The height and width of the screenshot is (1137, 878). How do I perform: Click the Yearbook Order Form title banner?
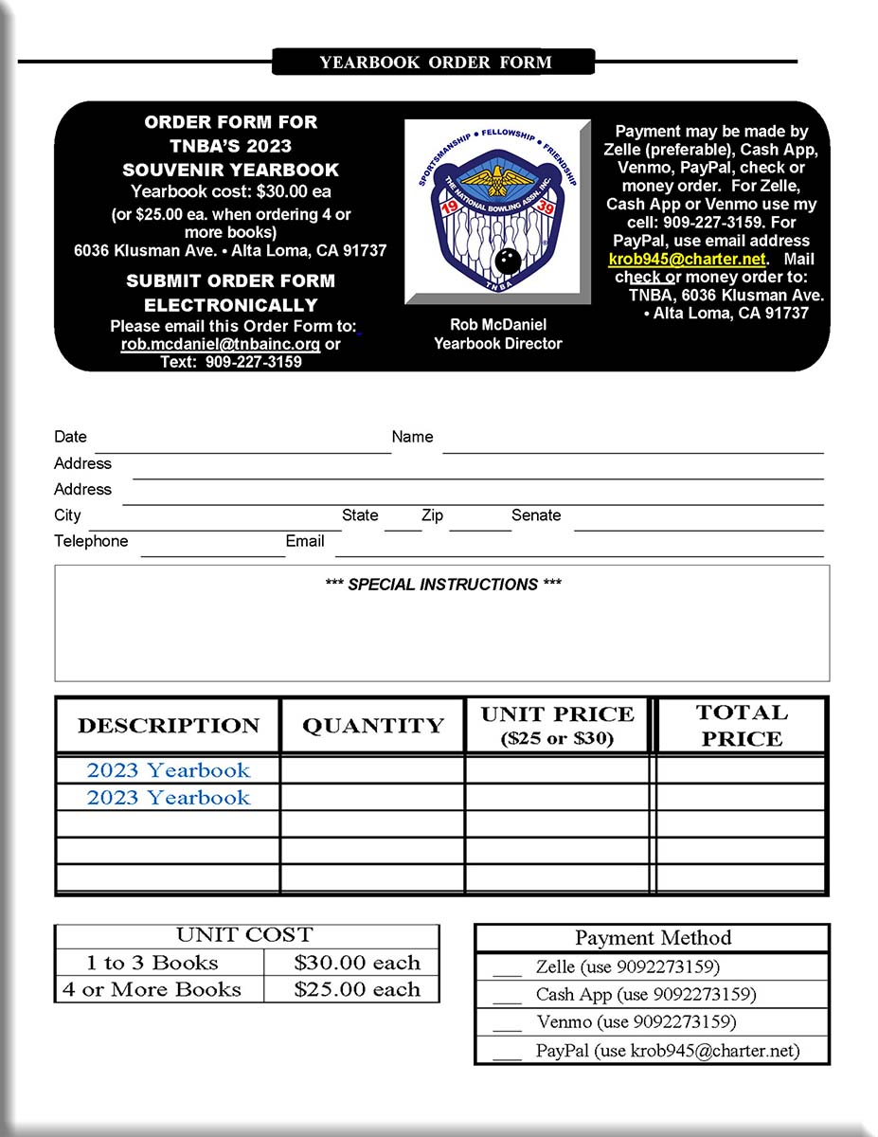point(434,63)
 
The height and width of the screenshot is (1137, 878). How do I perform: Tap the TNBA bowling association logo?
point(497,211)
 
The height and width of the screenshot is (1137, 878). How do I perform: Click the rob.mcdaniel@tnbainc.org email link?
point(220,344)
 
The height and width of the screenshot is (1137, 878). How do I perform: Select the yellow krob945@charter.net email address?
point(687,259)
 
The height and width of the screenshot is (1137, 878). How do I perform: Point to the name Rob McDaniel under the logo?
point(497,325)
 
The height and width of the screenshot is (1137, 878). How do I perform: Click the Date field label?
point(70,437)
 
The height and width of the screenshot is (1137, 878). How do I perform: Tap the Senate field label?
point(536,515)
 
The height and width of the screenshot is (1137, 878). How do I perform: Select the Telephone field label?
point(91,541)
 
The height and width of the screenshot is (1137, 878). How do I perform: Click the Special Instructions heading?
point(442,585)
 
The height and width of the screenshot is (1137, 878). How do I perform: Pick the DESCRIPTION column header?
point(169,726)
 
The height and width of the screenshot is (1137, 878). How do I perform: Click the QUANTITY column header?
point(372,726)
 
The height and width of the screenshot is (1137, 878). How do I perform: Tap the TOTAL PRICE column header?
point(741,726)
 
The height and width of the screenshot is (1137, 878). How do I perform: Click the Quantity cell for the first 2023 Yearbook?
point(372,770)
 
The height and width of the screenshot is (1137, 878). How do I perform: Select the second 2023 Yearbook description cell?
point(169,798)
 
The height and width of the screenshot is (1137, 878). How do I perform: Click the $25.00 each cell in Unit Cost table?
point(356,989)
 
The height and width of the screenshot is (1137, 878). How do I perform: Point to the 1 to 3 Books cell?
point(152,963)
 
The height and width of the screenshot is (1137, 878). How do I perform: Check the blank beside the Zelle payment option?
point(508,968)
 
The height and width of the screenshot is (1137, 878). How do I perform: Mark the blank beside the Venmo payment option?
point(508,1022)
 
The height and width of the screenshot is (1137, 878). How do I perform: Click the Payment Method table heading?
point(653,938)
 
